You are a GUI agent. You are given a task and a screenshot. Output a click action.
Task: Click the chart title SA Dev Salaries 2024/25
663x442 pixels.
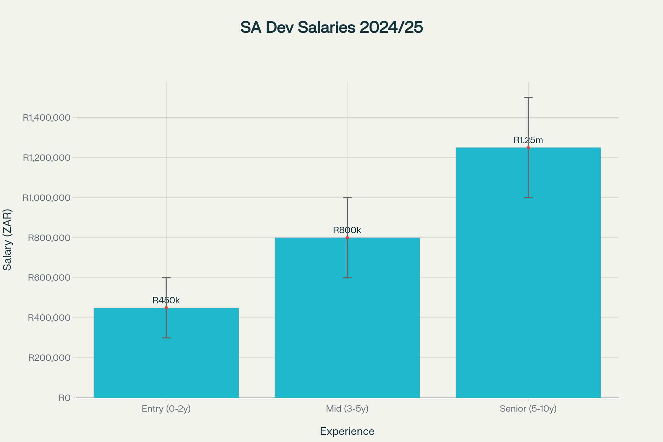tap(331, 28)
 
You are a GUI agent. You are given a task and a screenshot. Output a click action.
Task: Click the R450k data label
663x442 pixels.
tap(166, 300)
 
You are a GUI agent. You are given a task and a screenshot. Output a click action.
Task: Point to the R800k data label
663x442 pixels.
tap(347, 230)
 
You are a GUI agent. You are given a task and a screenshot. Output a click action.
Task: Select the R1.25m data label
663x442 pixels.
tap(528, 140)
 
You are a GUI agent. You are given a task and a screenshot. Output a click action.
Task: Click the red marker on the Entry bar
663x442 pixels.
tap(166, 308)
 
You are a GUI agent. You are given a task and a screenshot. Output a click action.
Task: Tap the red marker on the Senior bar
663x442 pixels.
tap(528, 148)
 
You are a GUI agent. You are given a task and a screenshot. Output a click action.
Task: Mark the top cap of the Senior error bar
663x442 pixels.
tap(528, 97)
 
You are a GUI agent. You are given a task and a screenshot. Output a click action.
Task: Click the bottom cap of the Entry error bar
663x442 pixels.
tap(166, 338)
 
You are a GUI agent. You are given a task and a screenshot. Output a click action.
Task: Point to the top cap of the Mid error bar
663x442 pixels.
tap(347, 198)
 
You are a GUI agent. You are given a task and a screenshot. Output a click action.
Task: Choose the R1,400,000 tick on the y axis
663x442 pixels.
tap(46, 118)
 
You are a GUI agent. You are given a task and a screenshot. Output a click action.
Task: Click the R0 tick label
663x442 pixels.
tap(64, 398)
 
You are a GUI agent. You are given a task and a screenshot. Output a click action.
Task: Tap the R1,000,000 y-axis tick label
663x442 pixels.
tap(46, 198)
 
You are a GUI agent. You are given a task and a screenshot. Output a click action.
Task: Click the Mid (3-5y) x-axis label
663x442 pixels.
tap(347, 409)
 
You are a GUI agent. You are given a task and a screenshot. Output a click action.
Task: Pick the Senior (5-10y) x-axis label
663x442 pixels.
tap(528, 409)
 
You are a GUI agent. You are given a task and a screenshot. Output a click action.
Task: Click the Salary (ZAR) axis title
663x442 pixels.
tap(7, 239)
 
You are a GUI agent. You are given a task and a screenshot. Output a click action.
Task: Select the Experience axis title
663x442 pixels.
tap(347, 431)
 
